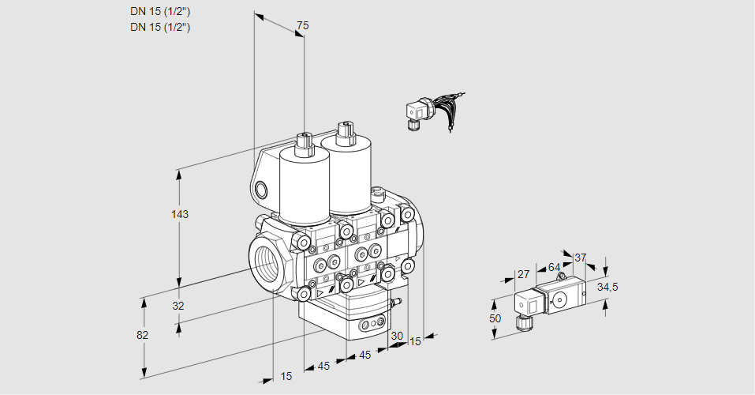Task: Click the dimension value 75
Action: [x=302, y=26]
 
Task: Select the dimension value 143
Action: [x=181, y=214]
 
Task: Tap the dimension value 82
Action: [x=143, y=335]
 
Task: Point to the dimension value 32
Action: [x=178, y=306]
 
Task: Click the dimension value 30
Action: [x=397, y=336]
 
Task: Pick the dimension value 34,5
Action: [x=607, y=287]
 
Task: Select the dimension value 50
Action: [x=495, y=318]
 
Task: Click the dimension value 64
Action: [x=554, y=268]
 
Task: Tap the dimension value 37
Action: [x=581, y=258]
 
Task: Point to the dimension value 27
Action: [x=522, y=275]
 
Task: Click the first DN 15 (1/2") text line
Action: [x=160, y=11]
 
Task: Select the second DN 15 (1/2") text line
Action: [x=160, y=27]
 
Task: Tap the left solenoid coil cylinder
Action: [x=303, y=186]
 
